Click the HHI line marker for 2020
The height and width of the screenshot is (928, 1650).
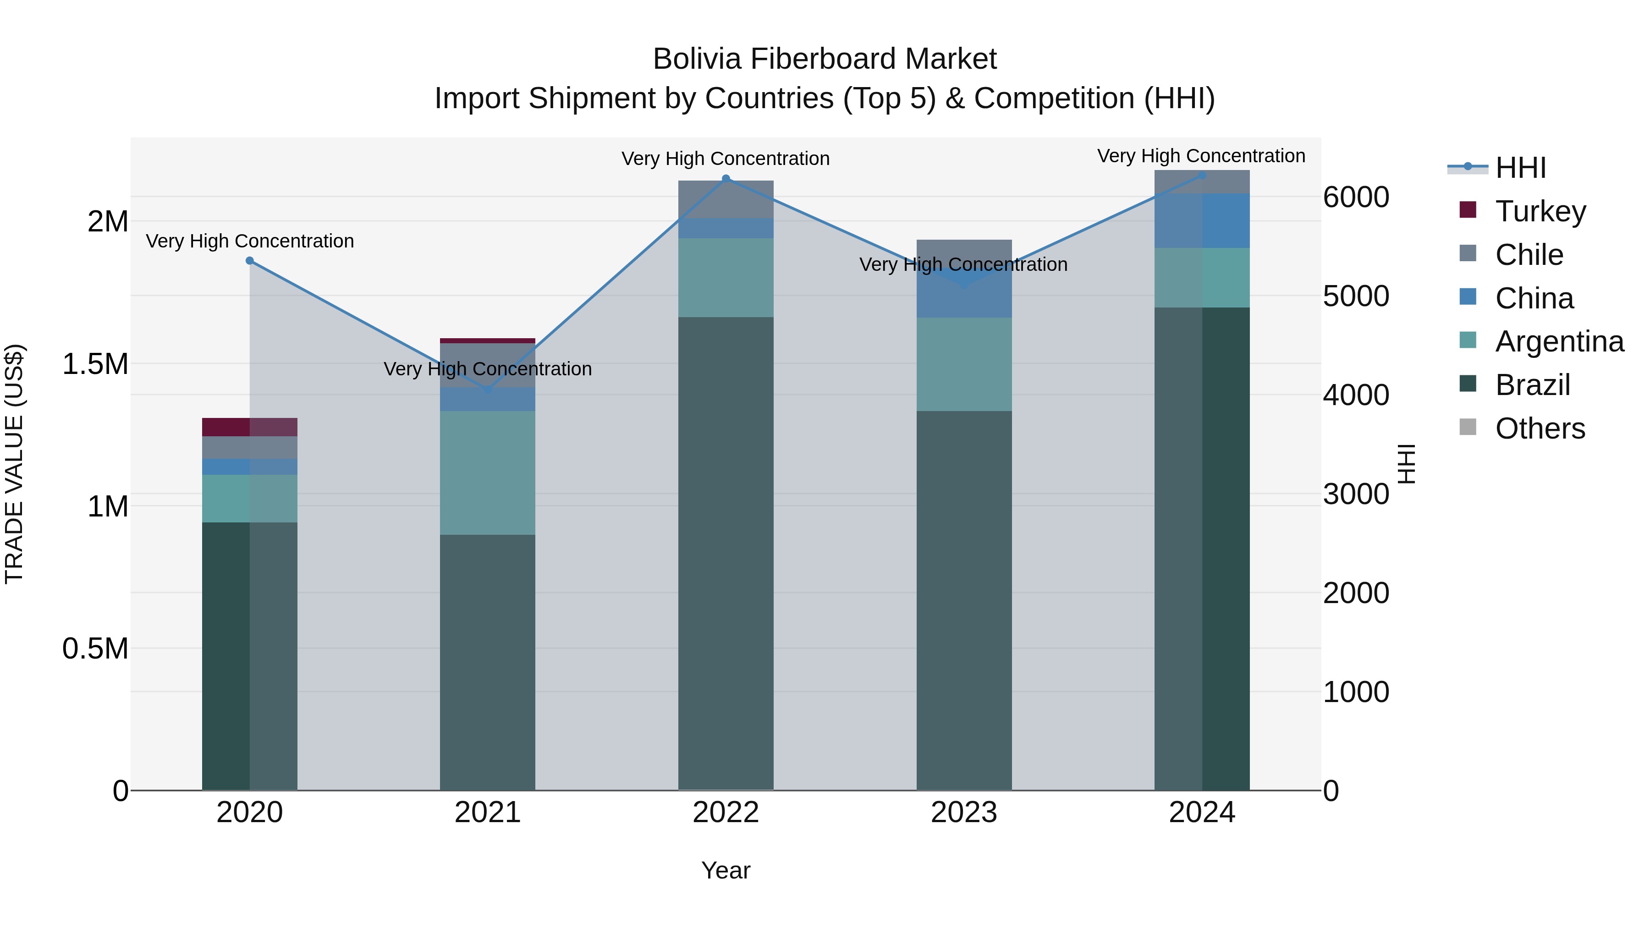(250, 261)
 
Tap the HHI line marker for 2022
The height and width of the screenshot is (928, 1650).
(726, 179)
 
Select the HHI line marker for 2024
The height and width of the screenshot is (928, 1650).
(1202, 175)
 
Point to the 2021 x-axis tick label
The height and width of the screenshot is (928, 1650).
(488, 812)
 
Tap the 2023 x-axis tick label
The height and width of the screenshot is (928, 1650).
(963, 812)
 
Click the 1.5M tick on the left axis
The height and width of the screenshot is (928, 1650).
(95, 364)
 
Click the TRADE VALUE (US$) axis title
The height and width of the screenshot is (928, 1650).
(14, 464)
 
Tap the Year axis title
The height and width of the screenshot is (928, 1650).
(726, 870)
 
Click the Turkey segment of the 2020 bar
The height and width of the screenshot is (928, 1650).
(250, 427)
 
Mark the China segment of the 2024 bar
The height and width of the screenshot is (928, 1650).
(1202, 220)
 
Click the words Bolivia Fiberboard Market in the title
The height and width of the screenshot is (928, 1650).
(825, 59)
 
